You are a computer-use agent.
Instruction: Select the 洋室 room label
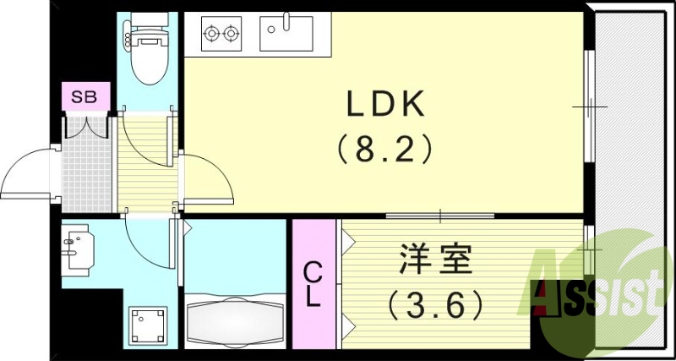point(433,259)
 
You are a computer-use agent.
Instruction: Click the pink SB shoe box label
point(84,97)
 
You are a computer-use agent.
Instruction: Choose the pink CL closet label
point(313,284)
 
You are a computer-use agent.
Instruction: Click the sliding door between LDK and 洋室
point(439,216)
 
